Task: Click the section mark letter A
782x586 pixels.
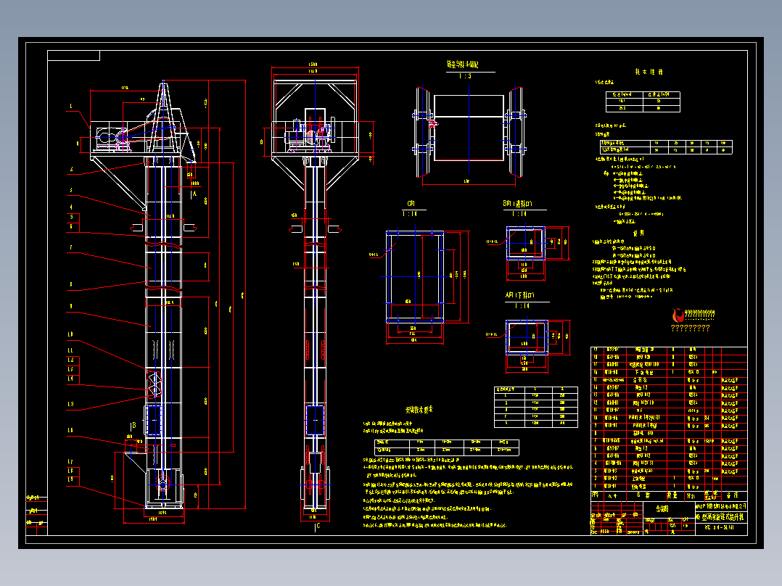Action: pos(194,194)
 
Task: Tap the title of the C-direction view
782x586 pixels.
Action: pos(411,204)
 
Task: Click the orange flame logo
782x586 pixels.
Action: pos(679,315)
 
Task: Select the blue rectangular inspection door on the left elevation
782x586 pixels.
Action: pos(153,420)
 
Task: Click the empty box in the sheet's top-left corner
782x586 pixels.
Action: pos(73,56)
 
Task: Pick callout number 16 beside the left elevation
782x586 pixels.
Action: pos(71,431)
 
